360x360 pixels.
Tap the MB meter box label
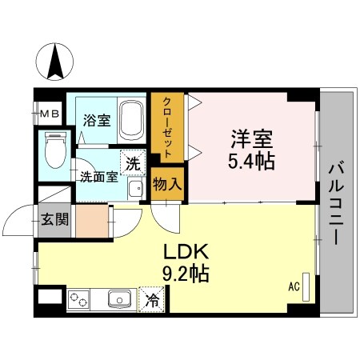click(x=50, y=114)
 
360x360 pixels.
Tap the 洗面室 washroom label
click(x=98, y=175)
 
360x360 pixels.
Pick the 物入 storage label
click(x=167, y=184)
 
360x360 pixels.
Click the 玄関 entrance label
click(x=50, y=218)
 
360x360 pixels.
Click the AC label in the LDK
click(x=293, y=286)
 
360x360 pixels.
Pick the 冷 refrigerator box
click(x=151, y=302)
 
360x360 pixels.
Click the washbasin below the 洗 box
click(x=135, y=189)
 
